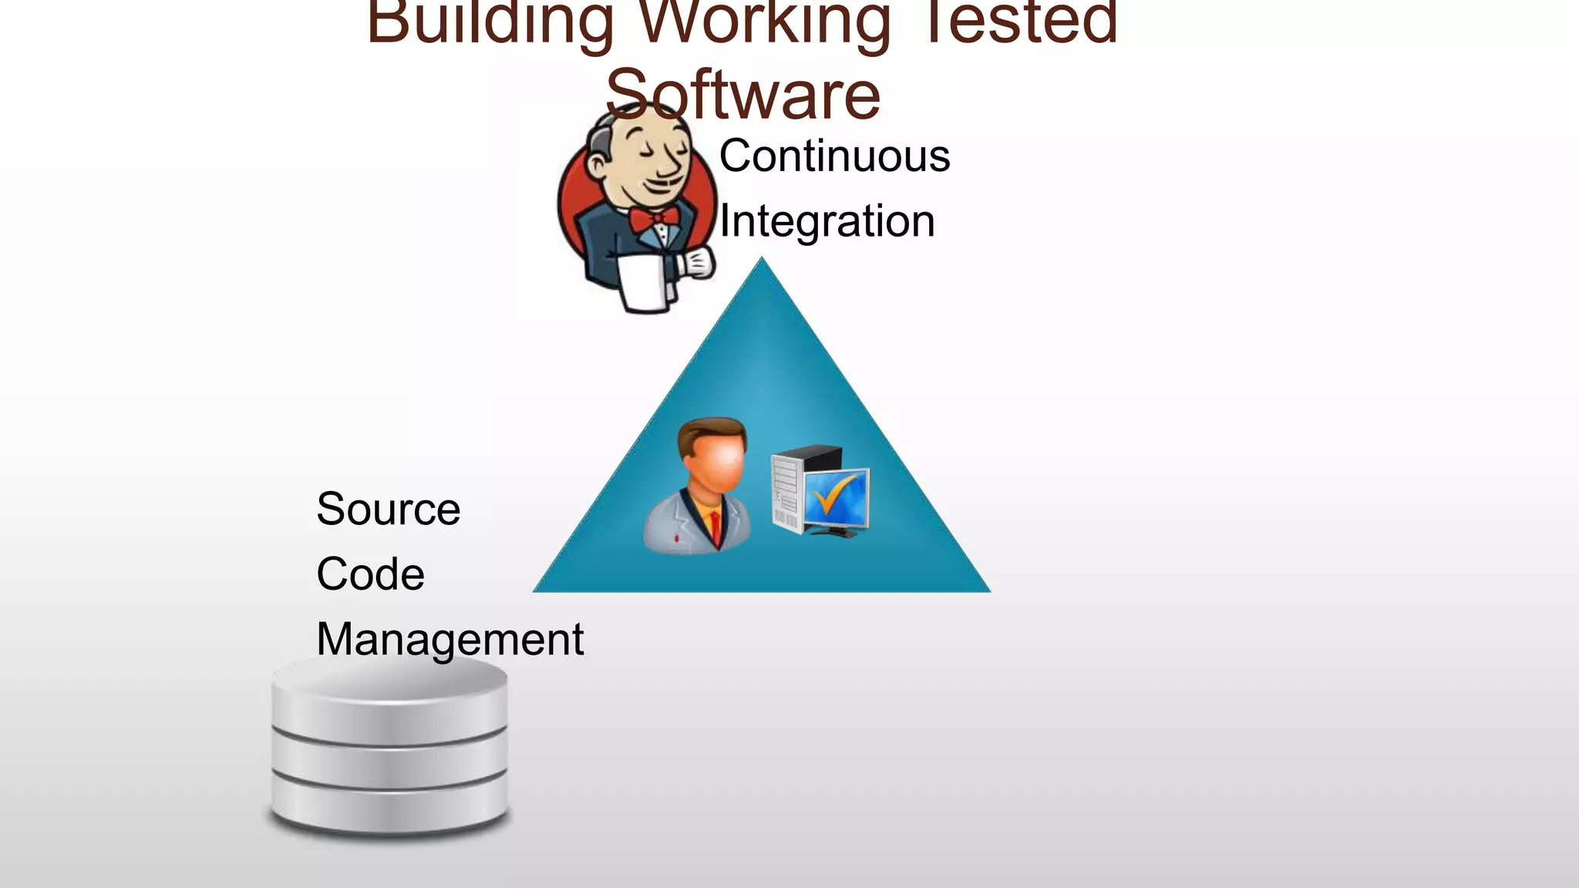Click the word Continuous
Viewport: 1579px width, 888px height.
pyautogui.click(x=834, y=156)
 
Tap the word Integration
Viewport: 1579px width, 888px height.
pyautogui.click(x=827, y=221)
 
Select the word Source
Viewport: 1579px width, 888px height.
pyautogui.click(x=388, y=509)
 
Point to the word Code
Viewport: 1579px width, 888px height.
pyautogui.click(x=370, y=574)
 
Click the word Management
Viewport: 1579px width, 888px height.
pyautogui.click(x=449, y=639)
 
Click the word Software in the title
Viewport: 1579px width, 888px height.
pyautogui.click(x=742, y=95)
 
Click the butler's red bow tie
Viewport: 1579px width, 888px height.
pyautogui.click(x=654, y=219)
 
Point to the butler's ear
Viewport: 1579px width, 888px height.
pyautogui.click(x=598, y=163)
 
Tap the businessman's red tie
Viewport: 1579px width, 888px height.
pyautogui.click(x=715, y=528)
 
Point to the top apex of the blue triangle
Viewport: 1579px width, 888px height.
pyautogui.click(x=762, y=262)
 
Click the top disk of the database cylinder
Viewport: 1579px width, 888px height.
pyautogui.click(x=389, y=694)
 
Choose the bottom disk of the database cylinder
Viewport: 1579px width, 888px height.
pyautogui.click(x=389, y=806)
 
